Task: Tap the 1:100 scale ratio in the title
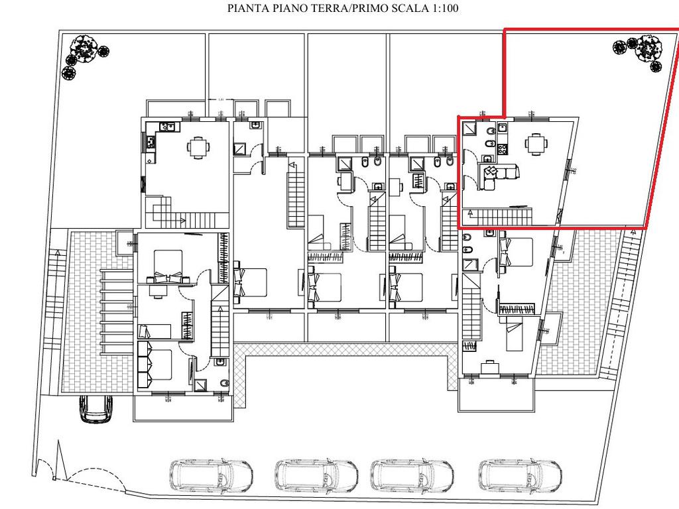(x=443, y=9)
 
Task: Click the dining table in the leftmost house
(x=198, y=146)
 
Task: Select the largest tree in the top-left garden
(x=86, y=48)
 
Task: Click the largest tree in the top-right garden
(x=648, y=49)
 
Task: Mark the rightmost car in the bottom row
(x=520, y=475)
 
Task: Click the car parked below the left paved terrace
(x=97, y=408)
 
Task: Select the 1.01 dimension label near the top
(x=221, y=99)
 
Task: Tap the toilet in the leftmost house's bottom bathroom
(x=223, y=383)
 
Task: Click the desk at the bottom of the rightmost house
(x=491, y=367)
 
